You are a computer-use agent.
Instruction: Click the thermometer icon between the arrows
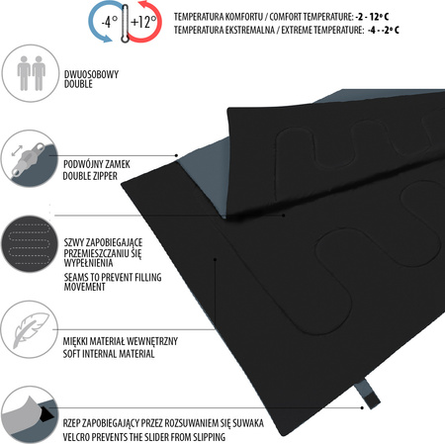click(125, 23)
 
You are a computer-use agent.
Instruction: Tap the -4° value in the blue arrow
click(110, 22)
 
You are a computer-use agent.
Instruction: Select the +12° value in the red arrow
click(143, 22)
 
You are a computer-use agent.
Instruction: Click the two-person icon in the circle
click(32, 73)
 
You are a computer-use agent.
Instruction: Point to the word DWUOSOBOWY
click(91, 74)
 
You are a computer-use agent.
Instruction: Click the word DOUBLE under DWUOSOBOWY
click(78, 84)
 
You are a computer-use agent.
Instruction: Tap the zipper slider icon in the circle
click(29, 158)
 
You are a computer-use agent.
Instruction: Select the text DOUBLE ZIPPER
click(90, 176)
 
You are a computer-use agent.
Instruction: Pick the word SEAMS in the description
click(76, 277)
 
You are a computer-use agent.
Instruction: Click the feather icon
click(31, 329)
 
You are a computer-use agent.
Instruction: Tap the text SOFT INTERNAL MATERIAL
click(109, 354)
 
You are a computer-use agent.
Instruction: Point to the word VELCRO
click(76, 437)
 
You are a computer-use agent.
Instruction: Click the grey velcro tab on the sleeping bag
click(368, 394)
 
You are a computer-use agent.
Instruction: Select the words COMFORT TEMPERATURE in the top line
click(311, 17)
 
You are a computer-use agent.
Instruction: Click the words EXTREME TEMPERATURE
click(322, 30)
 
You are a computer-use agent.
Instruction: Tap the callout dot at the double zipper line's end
click(177, 155)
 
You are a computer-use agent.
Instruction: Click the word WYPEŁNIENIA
click(88, 263)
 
